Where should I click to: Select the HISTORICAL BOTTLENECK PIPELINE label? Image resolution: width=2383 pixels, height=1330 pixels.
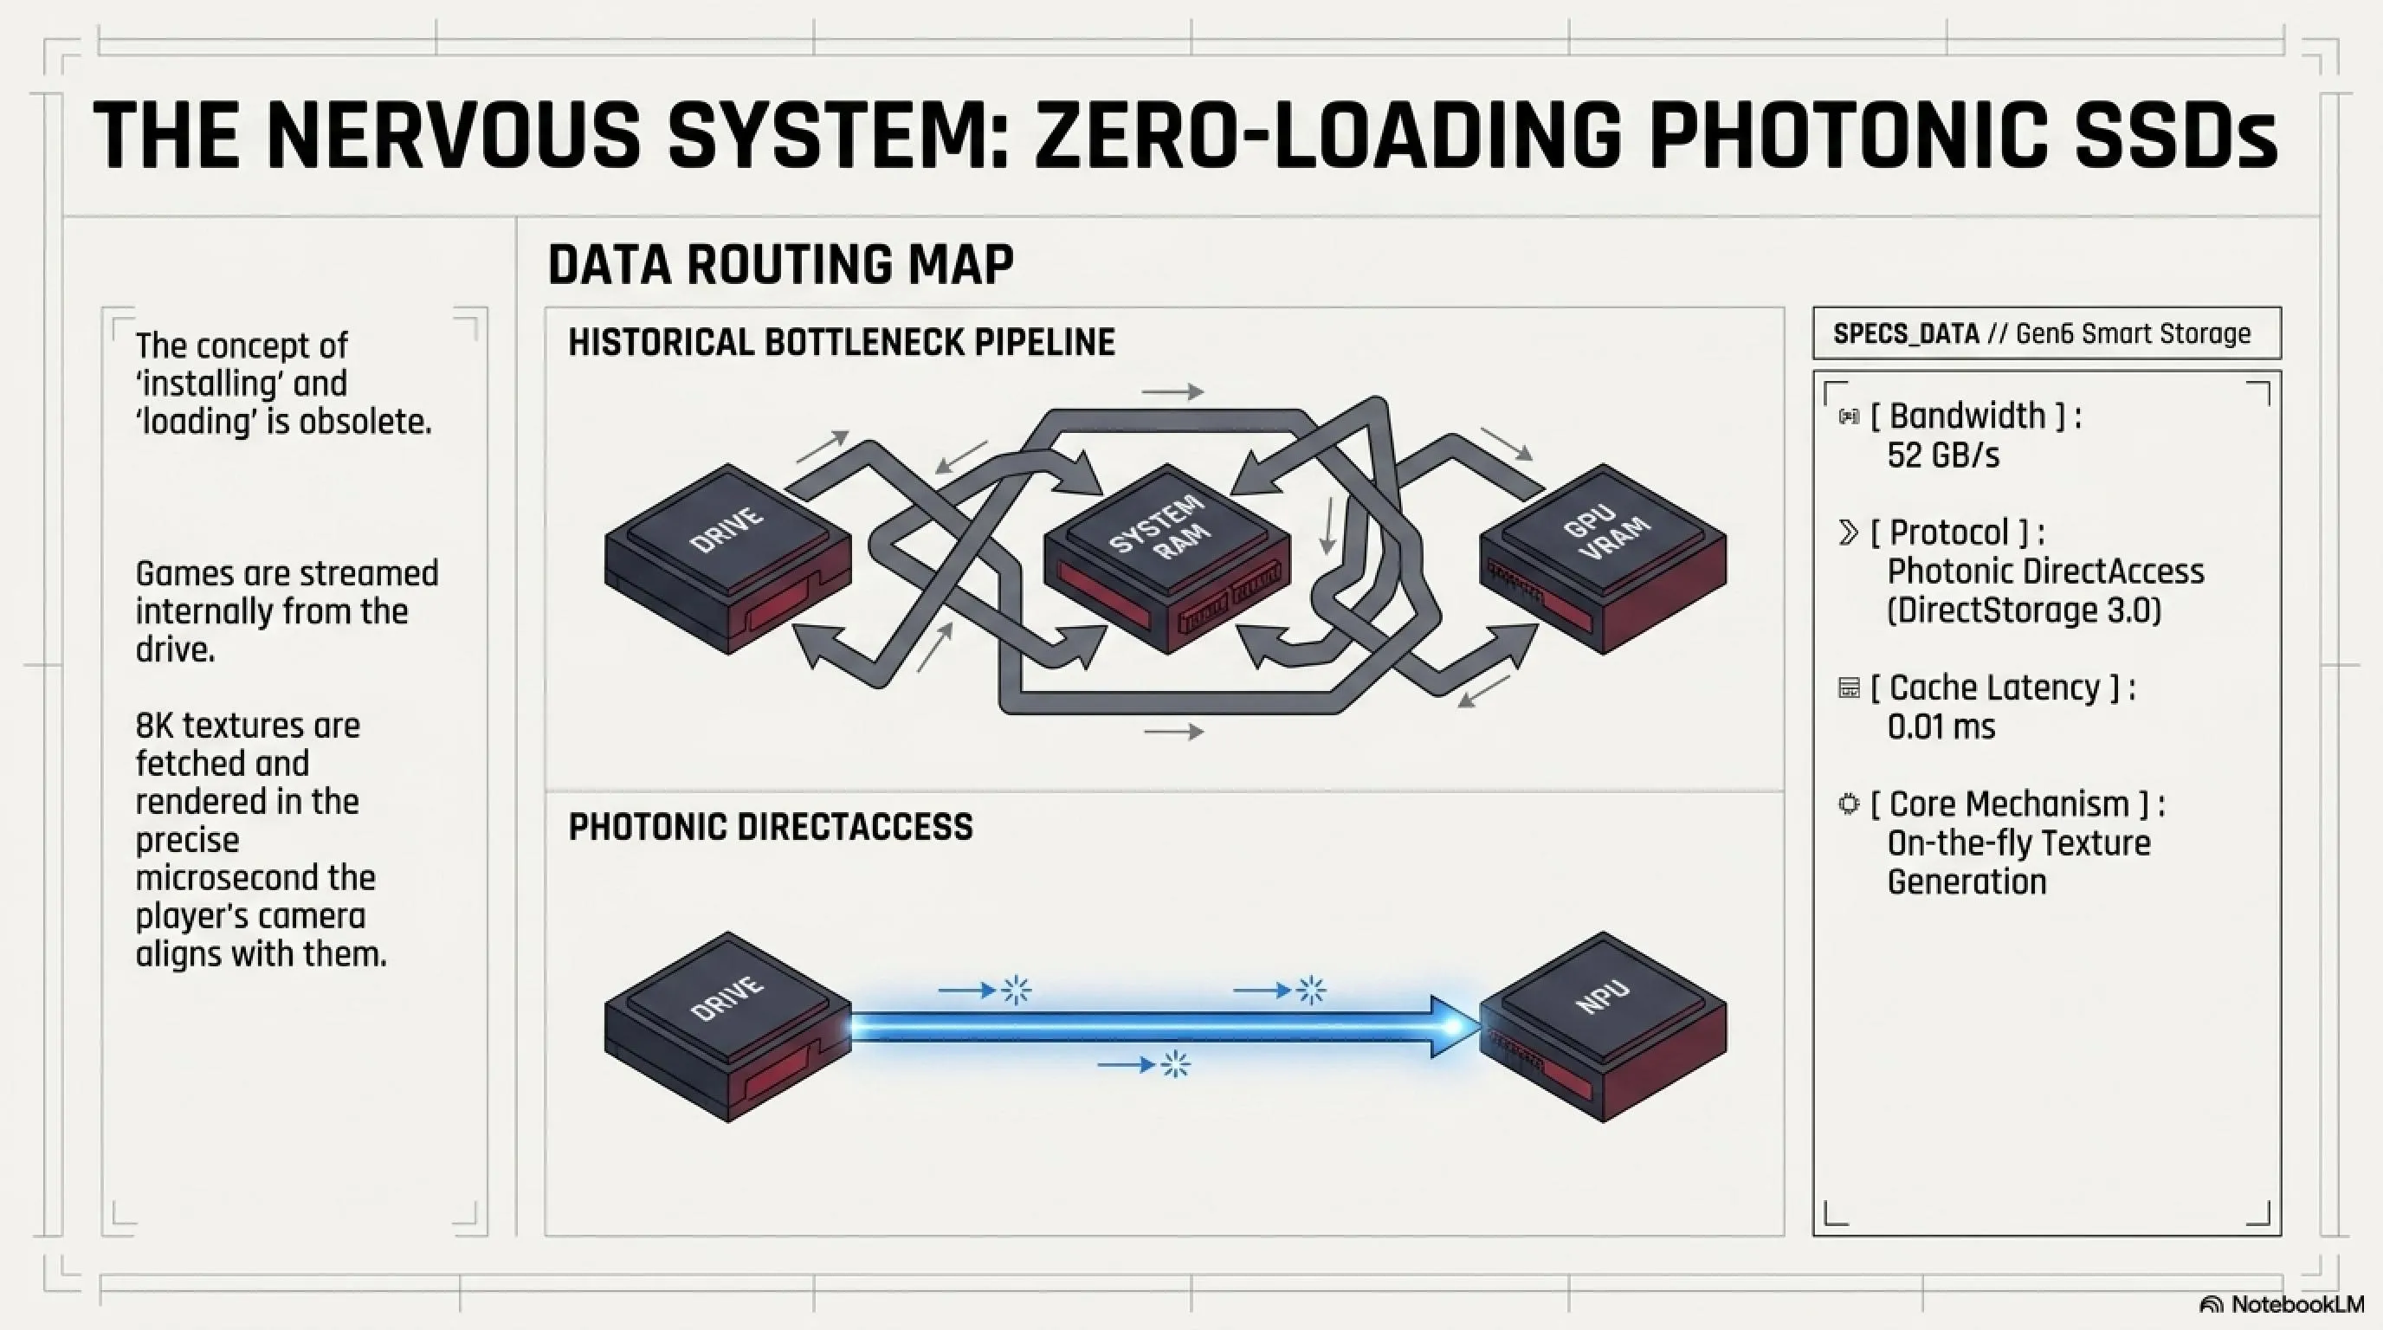pyautogui.click(x=842, y=342)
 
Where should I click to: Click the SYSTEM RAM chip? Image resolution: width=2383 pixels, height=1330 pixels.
pyautogui.click(x=1167, y=558)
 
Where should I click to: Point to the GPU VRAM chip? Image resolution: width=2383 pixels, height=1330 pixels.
pyautogui.click(x=1603, y=558)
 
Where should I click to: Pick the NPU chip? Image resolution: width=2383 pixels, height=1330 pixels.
pyautogui.click(x=1603, y=1026)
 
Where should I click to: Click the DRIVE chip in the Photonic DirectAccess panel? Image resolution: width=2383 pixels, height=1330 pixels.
pyautogui.click(x=728, y=1026)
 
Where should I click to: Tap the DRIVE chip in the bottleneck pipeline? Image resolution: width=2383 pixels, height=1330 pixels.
pyautogui.click(x=728, y=558)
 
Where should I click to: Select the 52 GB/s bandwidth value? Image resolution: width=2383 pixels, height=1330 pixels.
pyautogui.click(x=1942, y=455)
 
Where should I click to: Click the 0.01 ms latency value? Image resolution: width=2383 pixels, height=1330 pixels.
pyautogui.click(x=1941, y=727)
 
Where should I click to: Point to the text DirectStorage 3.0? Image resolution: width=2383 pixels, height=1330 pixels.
pyautogui.click(x=2024, y=610)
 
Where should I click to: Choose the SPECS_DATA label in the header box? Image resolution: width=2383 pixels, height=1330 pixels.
pyautogui.click(x=1906, y=334)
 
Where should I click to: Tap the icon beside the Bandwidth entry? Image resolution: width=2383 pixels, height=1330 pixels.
pyautogui.click(x=1849, y=417)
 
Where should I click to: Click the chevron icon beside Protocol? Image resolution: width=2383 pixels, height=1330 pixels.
pyautogui.click(x=1849, y=533)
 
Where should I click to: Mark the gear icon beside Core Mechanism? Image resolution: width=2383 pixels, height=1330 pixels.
pyautogui.click(x=1849, y=804)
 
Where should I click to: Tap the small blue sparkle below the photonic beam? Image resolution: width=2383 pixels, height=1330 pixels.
pyautogui.click(x=1175, y=1064)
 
